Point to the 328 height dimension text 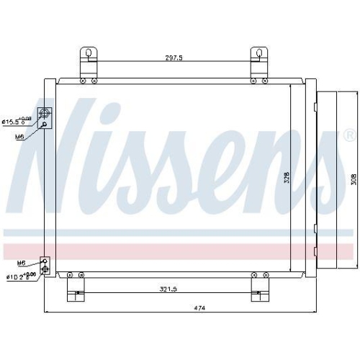[286, 176]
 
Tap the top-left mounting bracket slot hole [89, 53]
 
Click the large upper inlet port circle [46, 113]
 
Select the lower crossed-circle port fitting [46, 270]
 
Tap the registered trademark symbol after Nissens [348, 135]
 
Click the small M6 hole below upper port [45, 125]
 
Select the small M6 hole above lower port [45, 261]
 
